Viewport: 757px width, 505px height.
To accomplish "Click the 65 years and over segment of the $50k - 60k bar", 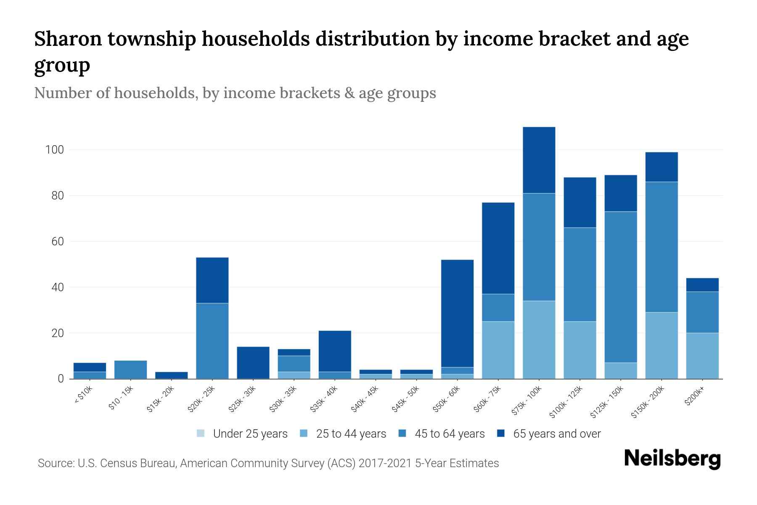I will [457, 314].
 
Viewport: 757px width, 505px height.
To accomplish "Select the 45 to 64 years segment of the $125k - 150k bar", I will [621, 287].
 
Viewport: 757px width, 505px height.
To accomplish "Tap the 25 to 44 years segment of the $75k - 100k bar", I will [539, 340].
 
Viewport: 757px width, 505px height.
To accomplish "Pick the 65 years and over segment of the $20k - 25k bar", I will [212, 280].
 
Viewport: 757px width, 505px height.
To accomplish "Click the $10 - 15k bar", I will [130, 369].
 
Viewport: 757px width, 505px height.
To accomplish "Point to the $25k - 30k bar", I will [253, 362].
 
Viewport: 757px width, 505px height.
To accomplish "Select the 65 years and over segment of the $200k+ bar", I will [702, 285].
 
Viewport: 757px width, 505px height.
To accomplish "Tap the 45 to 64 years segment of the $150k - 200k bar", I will [662, 247].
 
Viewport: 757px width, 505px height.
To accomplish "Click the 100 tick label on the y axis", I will [54, 150].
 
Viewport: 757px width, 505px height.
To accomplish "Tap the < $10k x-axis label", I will [83, 395].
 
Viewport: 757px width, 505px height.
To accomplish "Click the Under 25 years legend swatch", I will [201, 433].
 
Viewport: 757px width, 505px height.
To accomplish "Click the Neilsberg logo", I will [672, 458].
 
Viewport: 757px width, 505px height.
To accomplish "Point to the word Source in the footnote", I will [55, 463].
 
